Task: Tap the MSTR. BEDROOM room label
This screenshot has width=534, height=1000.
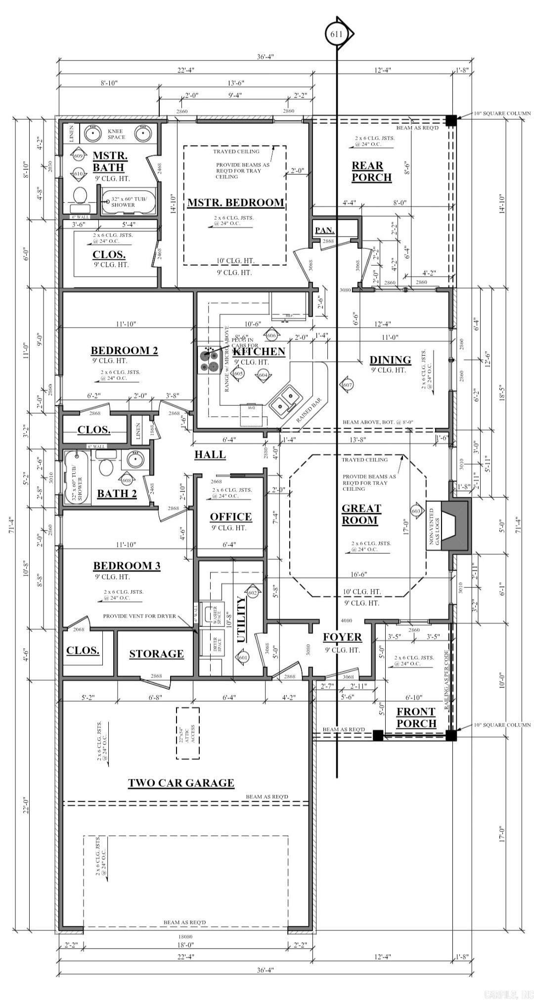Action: pos(235,203)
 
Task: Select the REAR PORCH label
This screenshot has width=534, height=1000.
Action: pos(371,171)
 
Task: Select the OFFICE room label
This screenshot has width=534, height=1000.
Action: pos(230,517)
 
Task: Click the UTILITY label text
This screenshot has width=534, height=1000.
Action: pos(241,619)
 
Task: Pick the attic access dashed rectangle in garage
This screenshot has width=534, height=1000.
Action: pos(188,733)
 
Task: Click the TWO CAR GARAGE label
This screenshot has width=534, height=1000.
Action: pos(181,783)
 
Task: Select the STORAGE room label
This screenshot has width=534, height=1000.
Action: pos(156,654)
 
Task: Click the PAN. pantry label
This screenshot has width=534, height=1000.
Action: pos(324,230)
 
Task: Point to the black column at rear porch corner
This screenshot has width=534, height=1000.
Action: pos(450,120)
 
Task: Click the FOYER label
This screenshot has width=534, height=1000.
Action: pos(342,637)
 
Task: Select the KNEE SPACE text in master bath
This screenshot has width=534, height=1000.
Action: pos(116,134)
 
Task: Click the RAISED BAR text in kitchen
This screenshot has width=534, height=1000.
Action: pos(309,410)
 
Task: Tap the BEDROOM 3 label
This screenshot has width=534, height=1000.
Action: pos(127,566)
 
